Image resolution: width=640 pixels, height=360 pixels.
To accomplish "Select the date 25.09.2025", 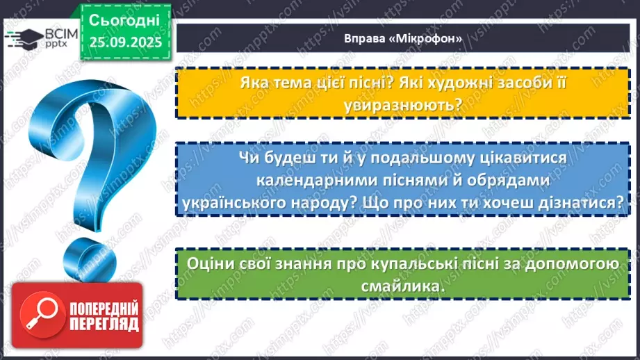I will [125, 41].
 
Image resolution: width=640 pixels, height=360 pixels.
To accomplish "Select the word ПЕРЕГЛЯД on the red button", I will [102, 324].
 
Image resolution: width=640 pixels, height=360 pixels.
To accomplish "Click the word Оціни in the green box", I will [208, 265].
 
